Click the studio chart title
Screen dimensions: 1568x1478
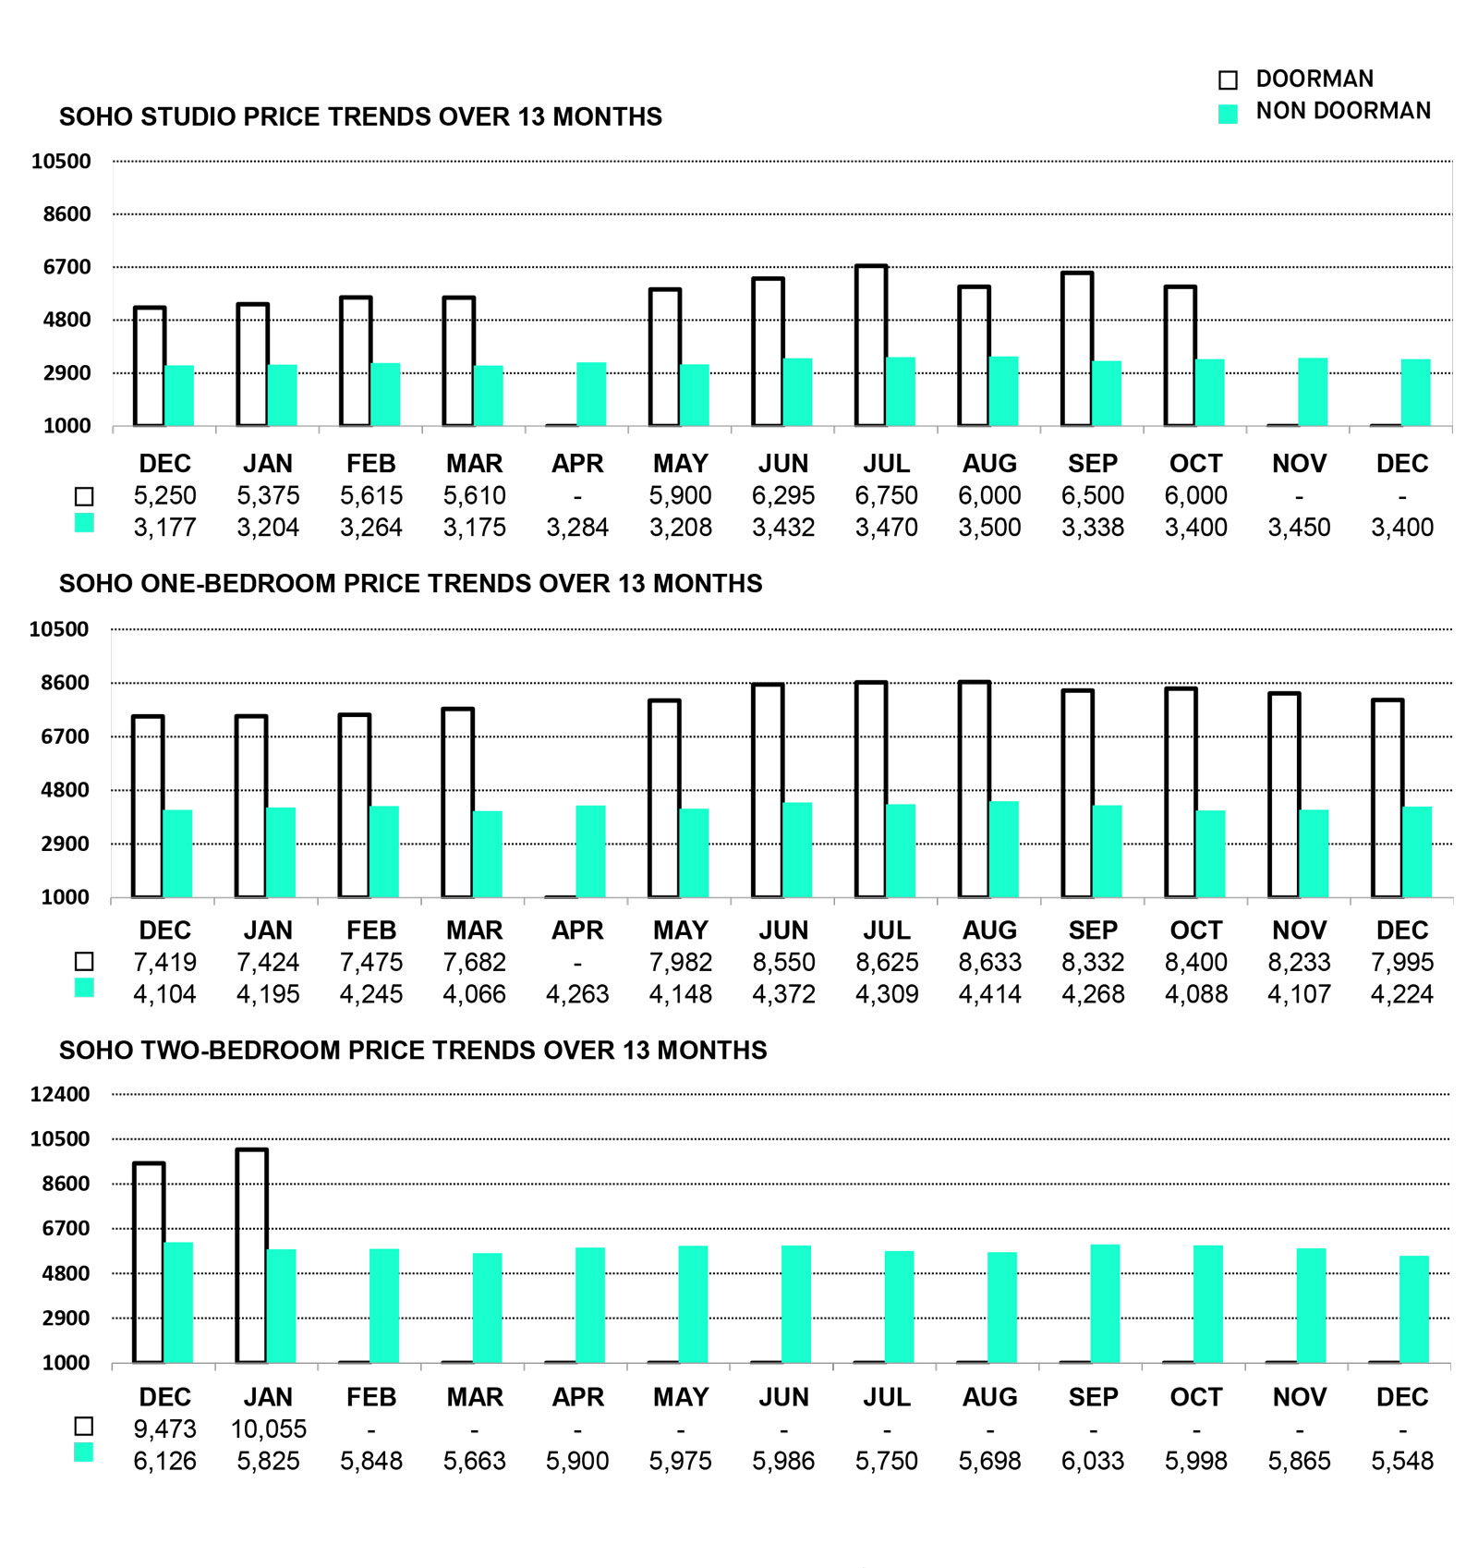pyautogui.click(x=360, y=116)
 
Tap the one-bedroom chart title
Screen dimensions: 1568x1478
pyautogui.click(x=410, y=583)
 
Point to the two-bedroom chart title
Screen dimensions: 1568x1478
pyautogui.click(x=413, y=1050)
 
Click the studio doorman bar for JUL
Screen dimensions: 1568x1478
pyautogui.click(x=871, y=346)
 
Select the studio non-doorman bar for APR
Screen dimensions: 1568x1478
pyautogui.click(x=591, y=395)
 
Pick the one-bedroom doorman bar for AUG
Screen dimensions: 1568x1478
pyautogui.click(x=975, y=789)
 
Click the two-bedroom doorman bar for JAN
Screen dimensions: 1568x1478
pyautogui.click(x=252, y=1256)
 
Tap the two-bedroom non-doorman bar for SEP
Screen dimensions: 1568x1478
pyautogui.click(x=1105, y=1304)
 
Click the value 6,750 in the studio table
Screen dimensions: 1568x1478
pyautogui.click(x=886, y=495)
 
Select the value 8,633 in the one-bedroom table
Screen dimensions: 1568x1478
pyautogui.click(x=989, y=962)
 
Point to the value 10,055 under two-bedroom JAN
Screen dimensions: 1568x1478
pyautogui.click(x=268, y=1428)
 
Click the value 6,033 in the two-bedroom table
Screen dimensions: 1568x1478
pyautogui.click(x=1093, y=1461)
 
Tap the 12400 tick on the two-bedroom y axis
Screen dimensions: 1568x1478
pyautogui.click(x=60, y=1094)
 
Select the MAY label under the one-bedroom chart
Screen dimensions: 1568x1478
pyautogui.click(x=680, y=930)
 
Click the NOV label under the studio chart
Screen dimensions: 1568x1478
pyautogui.click(x=1299, y=463)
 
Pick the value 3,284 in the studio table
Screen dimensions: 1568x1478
pyautogui.click(x=577, y=528)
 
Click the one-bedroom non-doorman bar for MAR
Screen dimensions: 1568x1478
pyautogui.click(x=487, y=854)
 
